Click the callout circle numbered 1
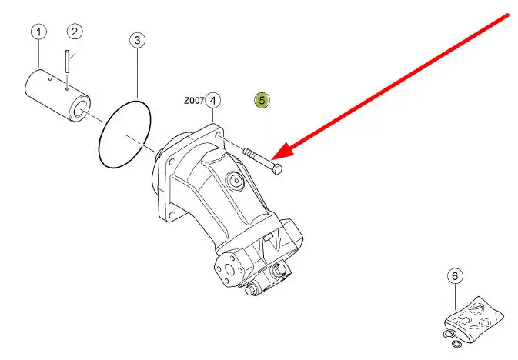(39, 32)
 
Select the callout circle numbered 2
(75, 32)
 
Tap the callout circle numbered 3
(137, 40)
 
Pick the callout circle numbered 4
(212, 101)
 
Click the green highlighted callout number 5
(262, 100)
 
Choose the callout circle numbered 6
(455, 276)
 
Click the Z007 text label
(194, 101)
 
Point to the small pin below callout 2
(67, 61)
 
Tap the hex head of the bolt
(277, 169)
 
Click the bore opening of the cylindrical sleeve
(80, 109)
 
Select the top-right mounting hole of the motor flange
(218, 135)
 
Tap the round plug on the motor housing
(236, 181)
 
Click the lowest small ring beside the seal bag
(456, 344)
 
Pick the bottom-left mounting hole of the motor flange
(171, 215)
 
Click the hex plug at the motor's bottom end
(250, 290)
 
